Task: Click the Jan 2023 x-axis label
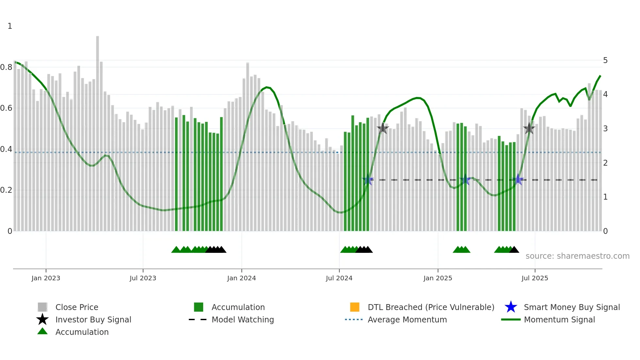[46, 278]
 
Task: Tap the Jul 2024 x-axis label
[339, 278]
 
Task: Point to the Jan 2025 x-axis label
[438, 278]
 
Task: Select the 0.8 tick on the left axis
[6, 67]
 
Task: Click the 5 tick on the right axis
[605, 60]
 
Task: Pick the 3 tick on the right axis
[605, 129]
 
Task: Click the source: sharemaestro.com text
[577, 256]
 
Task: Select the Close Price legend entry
[76, 307]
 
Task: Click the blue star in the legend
[511, 307]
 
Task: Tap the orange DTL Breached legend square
[355, 307]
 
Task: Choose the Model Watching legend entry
[242, 319]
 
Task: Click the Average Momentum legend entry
[407, 319]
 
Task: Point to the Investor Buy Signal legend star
[42, 319]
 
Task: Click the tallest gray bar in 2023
[97, 131]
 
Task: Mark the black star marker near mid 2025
[529, 128]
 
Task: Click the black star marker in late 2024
[383, 128]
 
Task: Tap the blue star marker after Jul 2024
[368, 180]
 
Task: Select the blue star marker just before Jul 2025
[518, 180]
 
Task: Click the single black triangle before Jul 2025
[514, 250]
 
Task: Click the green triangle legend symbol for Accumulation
[42, 331]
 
